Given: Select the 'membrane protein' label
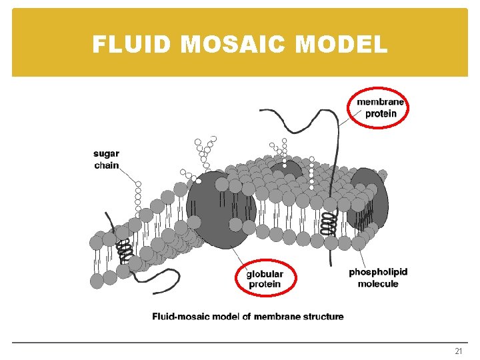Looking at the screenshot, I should click(380, 107).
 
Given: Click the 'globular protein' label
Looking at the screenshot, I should click(265, 279).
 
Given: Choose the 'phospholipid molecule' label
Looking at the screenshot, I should click(378, 278).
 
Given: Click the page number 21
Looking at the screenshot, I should click(458, 351).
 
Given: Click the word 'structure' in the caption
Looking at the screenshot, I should click(323, 317).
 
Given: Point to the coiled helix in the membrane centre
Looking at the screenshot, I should click(327, 223).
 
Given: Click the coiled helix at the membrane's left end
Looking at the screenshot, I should click(123, 251).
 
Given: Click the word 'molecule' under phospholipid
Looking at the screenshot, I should click(378, 284).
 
